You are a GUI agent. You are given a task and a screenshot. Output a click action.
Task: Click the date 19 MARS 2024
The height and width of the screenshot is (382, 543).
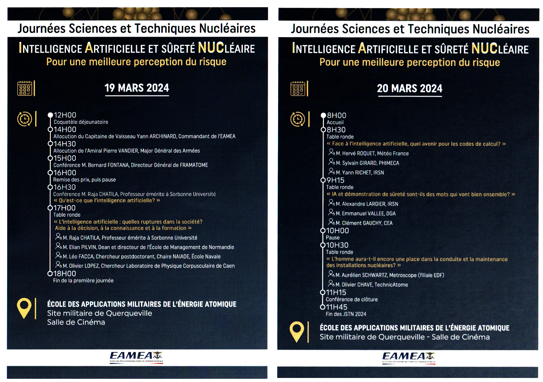(x=137, y=88)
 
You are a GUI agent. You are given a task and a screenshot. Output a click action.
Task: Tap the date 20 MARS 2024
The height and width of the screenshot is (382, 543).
(x=409, y=88)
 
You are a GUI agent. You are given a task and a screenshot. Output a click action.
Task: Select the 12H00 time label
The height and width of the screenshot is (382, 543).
(x=65, y=115)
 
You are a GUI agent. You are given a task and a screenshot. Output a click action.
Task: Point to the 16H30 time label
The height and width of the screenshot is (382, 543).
(x=64, y=187)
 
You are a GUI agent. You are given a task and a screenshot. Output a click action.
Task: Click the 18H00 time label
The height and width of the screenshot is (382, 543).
(x=64, y=274)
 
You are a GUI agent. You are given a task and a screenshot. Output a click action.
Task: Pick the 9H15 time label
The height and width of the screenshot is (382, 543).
(x=335, y=180)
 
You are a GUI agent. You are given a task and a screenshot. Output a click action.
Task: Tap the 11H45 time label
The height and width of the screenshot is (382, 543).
(x=336, y=307)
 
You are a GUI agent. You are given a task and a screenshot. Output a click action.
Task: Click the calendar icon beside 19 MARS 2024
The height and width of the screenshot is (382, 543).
(x=25, y=88)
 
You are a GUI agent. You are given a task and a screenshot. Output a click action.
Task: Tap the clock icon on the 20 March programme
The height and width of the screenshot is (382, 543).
(x=298, y=119)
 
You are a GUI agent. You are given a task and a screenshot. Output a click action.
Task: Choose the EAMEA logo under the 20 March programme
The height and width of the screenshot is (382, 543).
(x=408, y=357)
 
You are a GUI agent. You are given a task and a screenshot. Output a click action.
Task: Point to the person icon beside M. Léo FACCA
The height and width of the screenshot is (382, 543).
(x=58, y=256)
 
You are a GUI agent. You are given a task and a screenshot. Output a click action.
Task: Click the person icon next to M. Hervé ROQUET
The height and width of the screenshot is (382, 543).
(x=332, y=153)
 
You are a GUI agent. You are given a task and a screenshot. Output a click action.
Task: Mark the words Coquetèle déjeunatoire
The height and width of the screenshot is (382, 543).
(x=81, y=122)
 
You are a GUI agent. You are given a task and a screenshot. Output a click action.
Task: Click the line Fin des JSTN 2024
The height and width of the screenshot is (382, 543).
(x=346, y=314)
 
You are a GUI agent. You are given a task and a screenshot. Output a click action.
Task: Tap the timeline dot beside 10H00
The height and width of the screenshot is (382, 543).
(x=323, y=231)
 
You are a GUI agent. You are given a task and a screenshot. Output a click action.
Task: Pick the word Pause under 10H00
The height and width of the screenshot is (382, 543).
(x=333, y=237)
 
